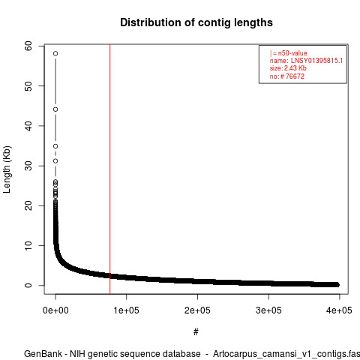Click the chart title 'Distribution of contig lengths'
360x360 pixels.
(196, 22)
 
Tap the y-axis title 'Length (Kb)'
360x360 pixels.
(7, 169)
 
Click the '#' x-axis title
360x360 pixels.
(196, 332)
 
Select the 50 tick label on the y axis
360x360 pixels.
(28, 85)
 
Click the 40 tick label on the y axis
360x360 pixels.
(28, 126)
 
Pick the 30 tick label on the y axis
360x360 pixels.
(28, 166)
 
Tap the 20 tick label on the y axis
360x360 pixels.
(28, 205)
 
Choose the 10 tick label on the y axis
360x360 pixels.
(28, 245)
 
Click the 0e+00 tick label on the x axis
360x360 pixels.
(55, 310)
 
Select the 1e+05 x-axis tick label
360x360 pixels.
(127, 310)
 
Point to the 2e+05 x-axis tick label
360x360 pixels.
(197, 310)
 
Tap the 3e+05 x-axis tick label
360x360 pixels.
(268, 310)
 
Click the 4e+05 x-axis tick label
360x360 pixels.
(339, 310)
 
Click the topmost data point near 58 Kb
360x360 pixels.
(55, 53)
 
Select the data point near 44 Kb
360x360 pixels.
(55, 109)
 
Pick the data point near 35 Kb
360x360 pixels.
(55, 146)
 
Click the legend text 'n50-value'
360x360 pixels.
(292, 53)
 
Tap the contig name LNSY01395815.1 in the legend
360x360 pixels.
(316, 61)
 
